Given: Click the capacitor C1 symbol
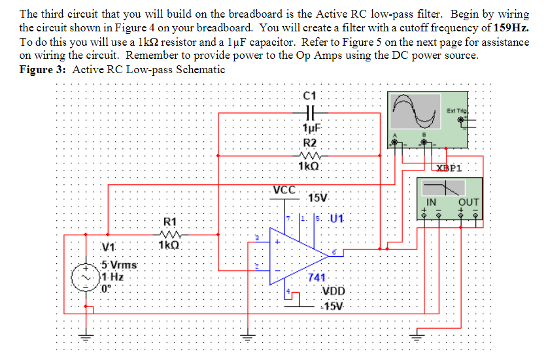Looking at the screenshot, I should click(309, 112).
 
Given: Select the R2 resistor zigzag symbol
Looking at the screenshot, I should click(308, 155).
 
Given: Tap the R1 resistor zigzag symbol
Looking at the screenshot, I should click(169, 233).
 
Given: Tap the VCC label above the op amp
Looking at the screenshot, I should click(285, 190).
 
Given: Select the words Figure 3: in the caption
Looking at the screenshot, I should click(43, 69).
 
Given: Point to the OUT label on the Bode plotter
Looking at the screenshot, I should click(469, 203).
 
